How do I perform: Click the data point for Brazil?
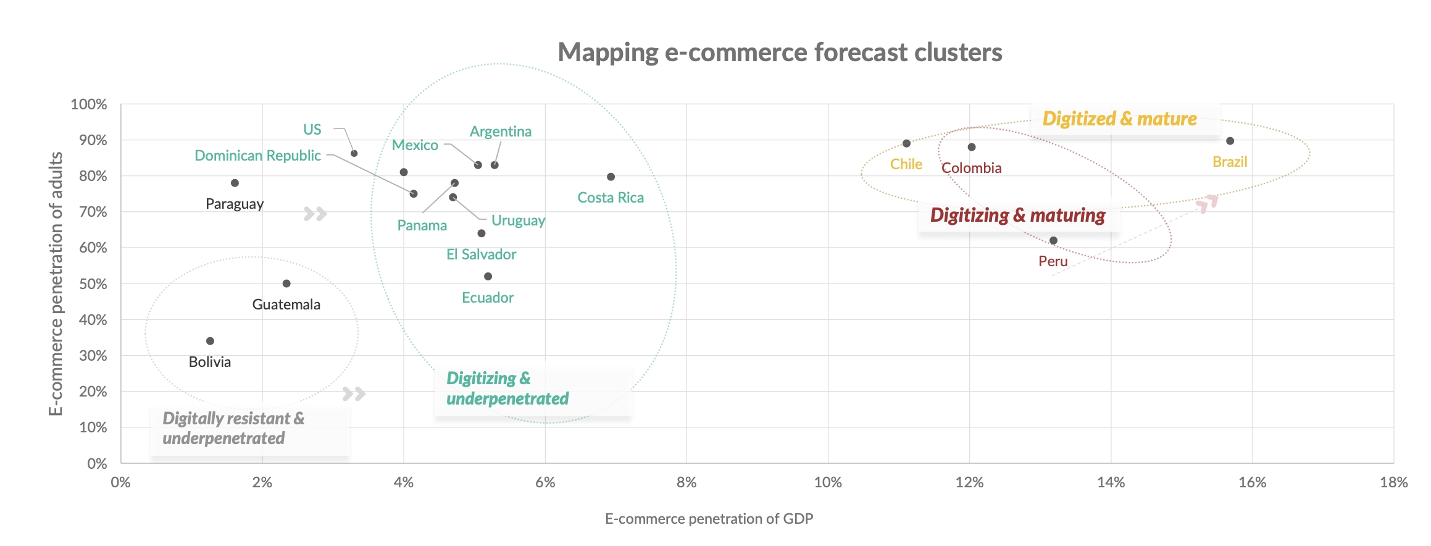[1230, 141]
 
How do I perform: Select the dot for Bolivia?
[210, 341]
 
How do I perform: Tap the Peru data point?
[1053, 240]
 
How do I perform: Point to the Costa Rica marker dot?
[611, 177]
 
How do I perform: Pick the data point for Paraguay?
[235, 183]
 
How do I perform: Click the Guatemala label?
[286, 304]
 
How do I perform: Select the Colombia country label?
[971, 168]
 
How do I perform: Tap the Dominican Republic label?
[257, 156]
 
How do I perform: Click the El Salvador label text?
[481, 254]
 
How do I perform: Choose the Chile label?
[906, 164]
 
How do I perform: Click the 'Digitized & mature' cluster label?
[1119, 119]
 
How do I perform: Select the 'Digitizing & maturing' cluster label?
[1017, 215]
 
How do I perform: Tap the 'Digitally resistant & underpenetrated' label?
[233, 428]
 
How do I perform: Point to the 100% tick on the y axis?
[89, 104]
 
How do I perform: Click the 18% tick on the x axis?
[1393, 482]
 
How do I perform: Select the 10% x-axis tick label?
[827, 482]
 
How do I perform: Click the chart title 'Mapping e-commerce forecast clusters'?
[780, 52]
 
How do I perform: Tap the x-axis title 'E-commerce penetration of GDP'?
[709, 519]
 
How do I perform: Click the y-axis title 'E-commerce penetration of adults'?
[56, 283]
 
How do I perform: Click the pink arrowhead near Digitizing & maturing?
[1208, 203]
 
